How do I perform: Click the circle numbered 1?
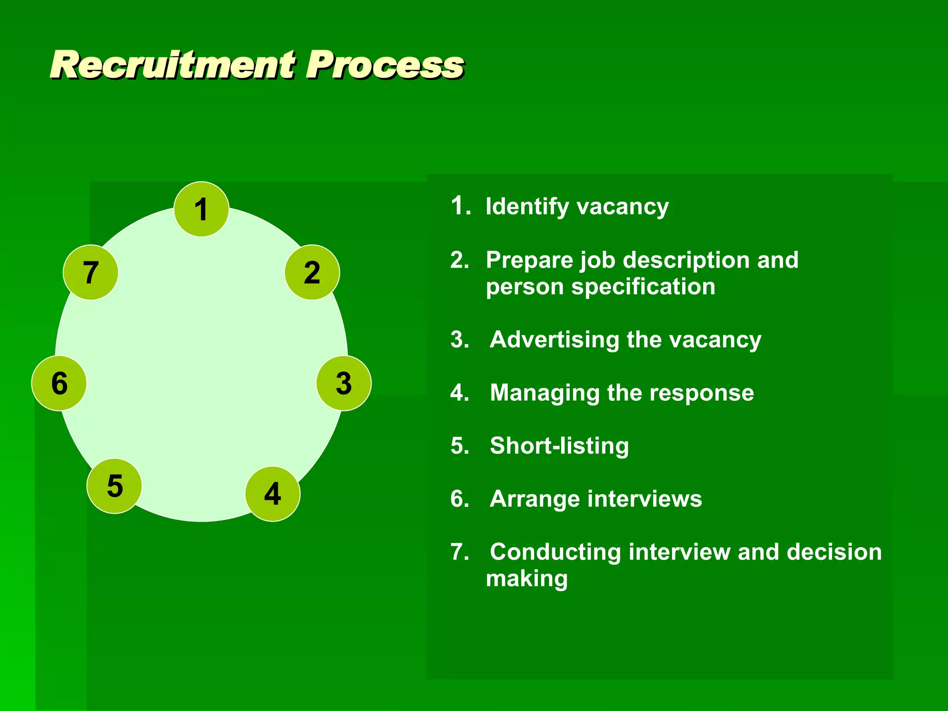(201, 209)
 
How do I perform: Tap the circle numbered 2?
(312, 273)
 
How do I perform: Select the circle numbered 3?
(343, 383)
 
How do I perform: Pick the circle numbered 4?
(273, 494)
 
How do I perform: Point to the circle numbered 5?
(114, 486)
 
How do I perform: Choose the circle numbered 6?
(59, 383)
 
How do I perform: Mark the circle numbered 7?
(91, 273)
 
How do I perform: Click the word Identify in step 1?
(527, 206)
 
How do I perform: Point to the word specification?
(643, 287)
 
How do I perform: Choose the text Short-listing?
(559, 446)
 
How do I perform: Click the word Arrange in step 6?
(534, 499)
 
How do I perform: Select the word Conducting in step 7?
(555, 552)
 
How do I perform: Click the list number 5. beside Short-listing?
(460, 446)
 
